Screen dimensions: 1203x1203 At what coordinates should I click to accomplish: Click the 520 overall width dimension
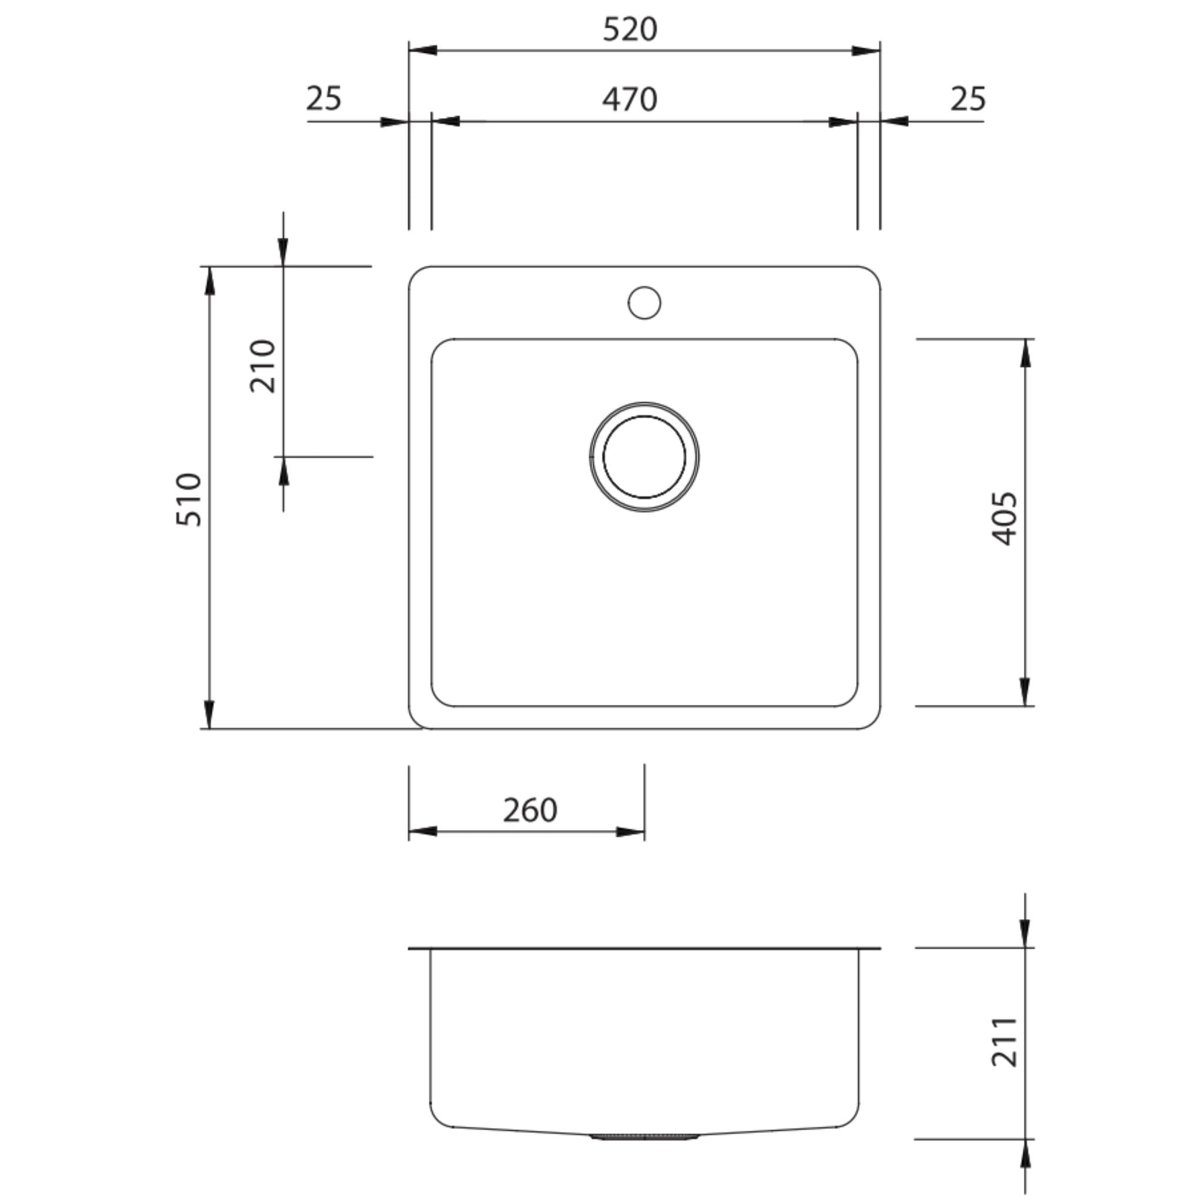coord(630,30)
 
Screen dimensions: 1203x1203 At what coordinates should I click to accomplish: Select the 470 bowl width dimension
coord(630,100)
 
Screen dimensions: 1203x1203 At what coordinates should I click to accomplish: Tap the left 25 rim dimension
coord(324,98)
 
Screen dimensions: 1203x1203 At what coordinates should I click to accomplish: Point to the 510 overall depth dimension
coord(189,500)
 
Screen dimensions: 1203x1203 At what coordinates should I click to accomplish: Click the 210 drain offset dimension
coord(262,365)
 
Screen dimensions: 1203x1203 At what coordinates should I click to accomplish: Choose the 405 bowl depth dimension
coord(1004,519)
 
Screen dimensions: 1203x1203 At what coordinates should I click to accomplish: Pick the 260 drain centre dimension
coord(530,810)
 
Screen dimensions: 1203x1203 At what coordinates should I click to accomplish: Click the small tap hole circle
coord(644,303)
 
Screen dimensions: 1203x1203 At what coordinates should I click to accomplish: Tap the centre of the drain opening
coord(644,457)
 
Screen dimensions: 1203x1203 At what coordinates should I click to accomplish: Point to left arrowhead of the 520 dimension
coord(422,51)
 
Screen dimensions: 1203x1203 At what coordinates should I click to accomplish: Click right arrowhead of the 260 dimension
coord(631,832)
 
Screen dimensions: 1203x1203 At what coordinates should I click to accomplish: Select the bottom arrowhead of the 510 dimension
coord(209,715)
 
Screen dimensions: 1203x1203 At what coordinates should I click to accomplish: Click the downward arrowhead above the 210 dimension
coord(283,252)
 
